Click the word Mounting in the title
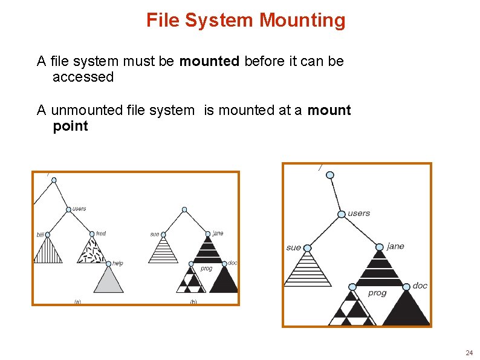[302, 21]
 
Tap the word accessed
[83, 77]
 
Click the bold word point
[70, 126]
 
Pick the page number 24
[469, 352]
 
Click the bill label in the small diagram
[40, 235]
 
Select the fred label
[101, 234]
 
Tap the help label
[117, 263]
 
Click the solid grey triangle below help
[109, 282]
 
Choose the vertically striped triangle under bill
[48, 252]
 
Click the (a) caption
[77, 301]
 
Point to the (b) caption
[193, 301]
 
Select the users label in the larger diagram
[359, 213]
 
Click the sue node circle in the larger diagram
[307, 248]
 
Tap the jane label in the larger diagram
[395, 246]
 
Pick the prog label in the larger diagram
[377, 293]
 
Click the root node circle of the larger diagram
[330, 175]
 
